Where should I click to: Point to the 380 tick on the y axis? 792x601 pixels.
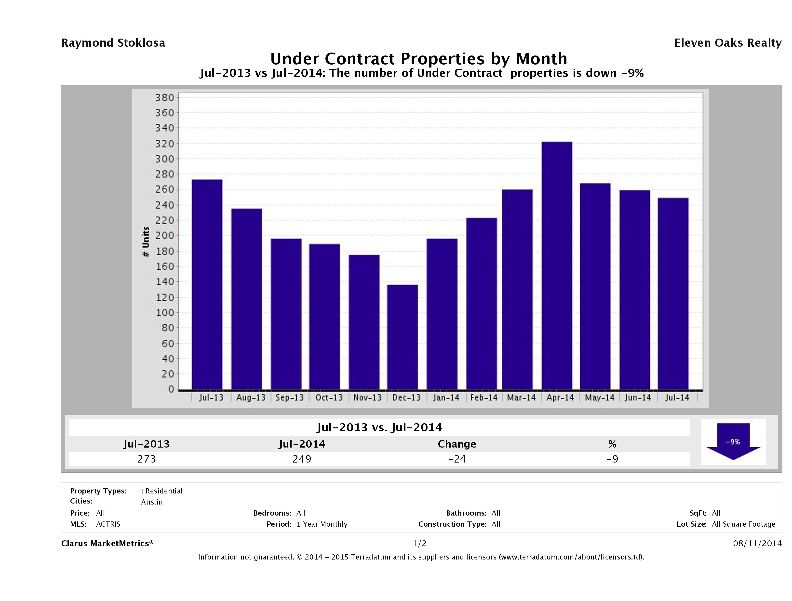click(x=164, y=97)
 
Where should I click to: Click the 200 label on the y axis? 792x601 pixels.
click(x=164, y=236)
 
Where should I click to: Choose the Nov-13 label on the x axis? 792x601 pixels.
click(x=368, y=397)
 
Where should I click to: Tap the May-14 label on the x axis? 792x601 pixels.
click(x=599, y=397)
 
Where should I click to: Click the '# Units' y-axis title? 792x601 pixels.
click(x=146, y=242)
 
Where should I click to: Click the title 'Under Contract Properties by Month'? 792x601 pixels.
click(x=418, y=59)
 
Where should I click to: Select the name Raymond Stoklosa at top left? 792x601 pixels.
click(x=113, y=43)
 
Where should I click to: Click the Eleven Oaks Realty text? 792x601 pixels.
click(x=727, y=43)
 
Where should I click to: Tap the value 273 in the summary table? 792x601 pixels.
click(x=147, y=459)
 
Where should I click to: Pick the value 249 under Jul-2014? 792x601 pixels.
click(x=302, y=459)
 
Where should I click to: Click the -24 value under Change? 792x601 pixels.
click(x=457, y=459)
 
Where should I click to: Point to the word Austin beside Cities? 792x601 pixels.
click(x=152, y=502)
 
